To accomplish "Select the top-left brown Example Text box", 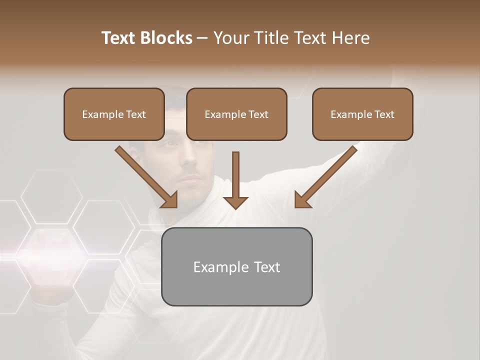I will [x=114, y=114].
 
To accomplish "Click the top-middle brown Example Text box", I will [x=236, y=114].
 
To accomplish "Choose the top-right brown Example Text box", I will [x=362, y=114].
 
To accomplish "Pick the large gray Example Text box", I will [x=236, y=266].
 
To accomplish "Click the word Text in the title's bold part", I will [x=119, y=38].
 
